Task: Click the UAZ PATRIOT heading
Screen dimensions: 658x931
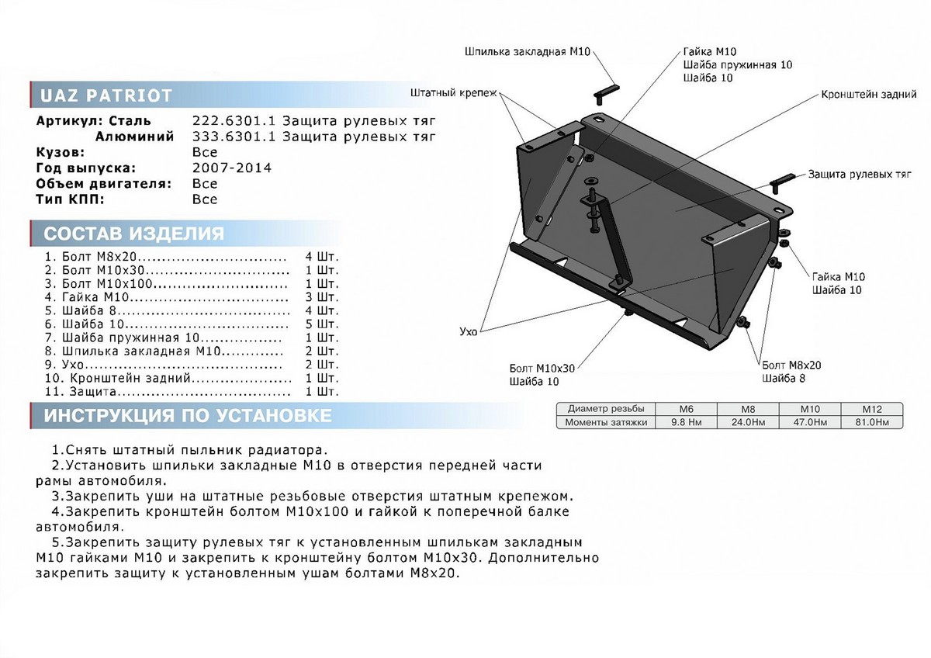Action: tap(106, 96)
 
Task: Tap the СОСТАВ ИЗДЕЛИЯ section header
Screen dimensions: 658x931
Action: tap(133, 234)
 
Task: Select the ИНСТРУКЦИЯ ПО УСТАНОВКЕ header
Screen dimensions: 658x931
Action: tap(187, 416)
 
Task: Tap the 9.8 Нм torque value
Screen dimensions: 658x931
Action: tap(685, 421)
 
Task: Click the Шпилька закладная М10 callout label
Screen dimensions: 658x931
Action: tap(528, 52)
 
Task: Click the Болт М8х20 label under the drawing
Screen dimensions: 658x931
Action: tap(791, 365)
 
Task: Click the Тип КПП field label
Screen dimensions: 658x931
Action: tap(69, 199)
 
